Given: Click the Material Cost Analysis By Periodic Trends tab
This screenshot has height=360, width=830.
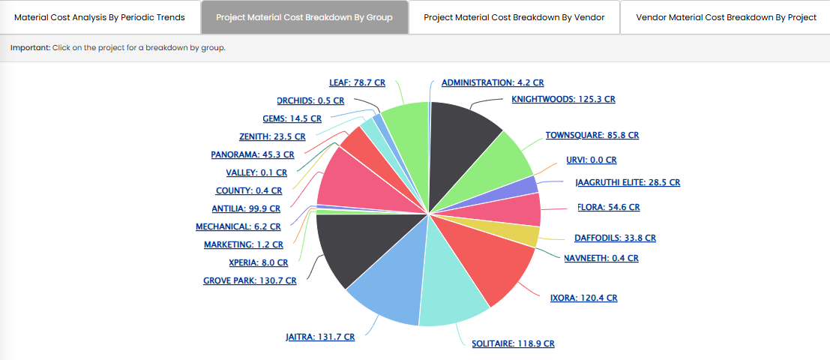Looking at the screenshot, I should tap(100, 17).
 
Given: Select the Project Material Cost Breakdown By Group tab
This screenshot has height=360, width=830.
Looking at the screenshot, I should tap(304, 17).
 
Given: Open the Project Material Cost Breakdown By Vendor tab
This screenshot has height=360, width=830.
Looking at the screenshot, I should tap(514, 17).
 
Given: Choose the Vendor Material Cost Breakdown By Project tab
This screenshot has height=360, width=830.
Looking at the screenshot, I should tap(726, 17).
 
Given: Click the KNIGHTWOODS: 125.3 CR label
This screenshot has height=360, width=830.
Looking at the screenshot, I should tap(563, 99).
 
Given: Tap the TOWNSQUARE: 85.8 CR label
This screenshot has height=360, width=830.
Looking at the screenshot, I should tap(592, 136).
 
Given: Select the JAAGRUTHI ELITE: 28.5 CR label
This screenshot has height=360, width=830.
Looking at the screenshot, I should tap(627, 182).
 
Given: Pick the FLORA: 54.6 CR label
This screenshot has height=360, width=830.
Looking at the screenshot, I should tap(608, 207).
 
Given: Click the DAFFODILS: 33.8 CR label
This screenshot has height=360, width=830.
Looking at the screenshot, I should tap(615, 238).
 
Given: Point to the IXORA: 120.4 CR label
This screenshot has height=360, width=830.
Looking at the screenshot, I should tap(583, 298).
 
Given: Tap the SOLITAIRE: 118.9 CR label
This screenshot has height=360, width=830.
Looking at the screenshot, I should tap(513, 343).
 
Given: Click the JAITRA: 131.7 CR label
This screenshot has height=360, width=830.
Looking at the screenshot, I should tap(320, 337).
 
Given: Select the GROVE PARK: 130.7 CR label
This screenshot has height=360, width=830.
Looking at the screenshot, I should tap(250, 281).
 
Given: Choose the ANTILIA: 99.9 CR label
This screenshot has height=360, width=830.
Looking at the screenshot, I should tap(246, 209).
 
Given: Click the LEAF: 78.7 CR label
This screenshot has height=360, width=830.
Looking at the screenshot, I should tap(358, 82).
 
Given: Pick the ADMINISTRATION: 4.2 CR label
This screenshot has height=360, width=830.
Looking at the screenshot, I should tap(492, 82).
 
